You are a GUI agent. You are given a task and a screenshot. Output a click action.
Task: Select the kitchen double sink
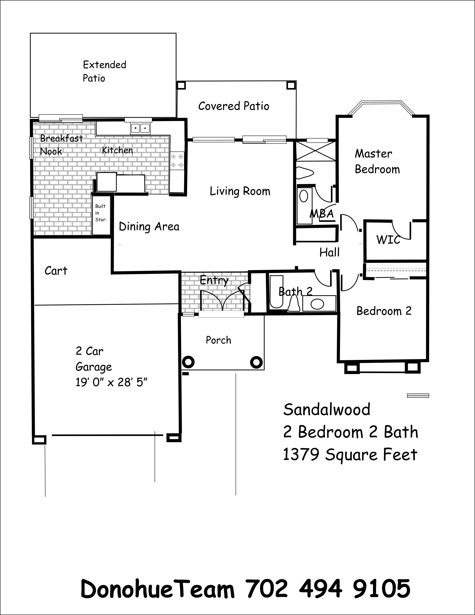tap(140, 128)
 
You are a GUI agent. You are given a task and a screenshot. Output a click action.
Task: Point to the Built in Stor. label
tap(101, 213)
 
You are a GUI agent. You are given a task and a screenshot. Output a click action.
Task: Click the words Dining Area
tap(149, 227)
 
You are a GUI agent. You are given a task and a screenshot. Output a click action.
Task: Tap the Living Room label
tap(240, 191)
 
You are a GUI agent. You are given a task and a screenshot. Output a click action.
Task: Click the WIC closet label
tap(388, 240)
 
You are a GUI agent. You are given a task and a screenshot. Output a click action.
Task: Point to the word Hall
tap(329, 252)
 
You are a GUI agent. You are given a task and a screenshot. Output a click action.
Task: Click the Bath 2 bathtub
tap(276, 292)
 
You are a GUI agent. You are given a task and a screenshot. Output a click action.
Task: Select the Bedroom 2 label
tap(384, 311)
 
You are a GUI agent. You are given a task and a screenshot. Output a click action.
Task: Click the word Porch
tap(218, 340)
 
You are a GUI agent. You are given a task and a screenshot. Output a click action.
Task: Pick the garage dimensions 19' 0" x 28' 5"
tap(112, 382)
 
